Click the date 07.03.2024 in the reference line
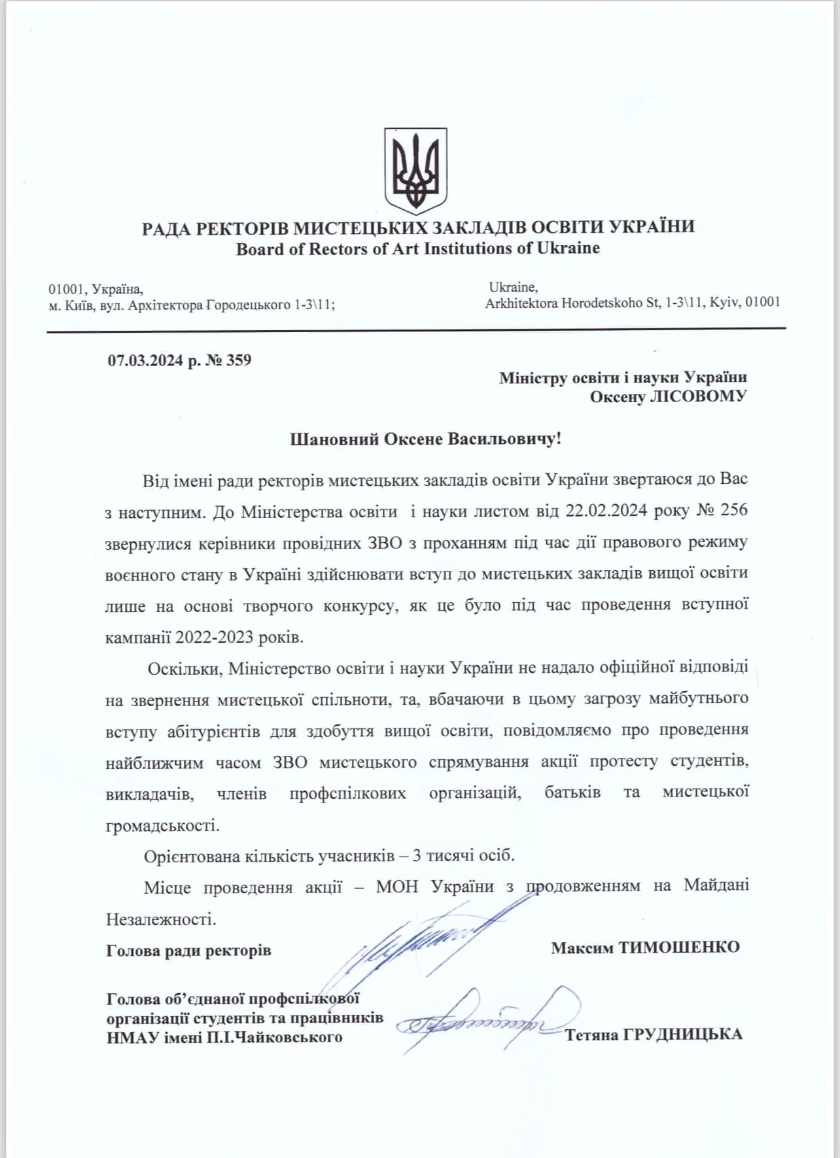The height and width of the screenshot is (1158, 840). [x=145, y=360]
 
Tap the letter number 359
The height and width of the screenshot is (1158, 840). [x=239, y=360]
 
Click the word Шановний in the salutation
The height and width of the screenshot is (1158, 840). [x=334, y=439]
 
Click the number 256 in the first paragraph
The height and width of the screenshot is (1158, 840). [x=733, y=510]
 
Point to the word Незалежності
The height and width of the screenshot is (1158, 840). [x=161, y=919]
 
